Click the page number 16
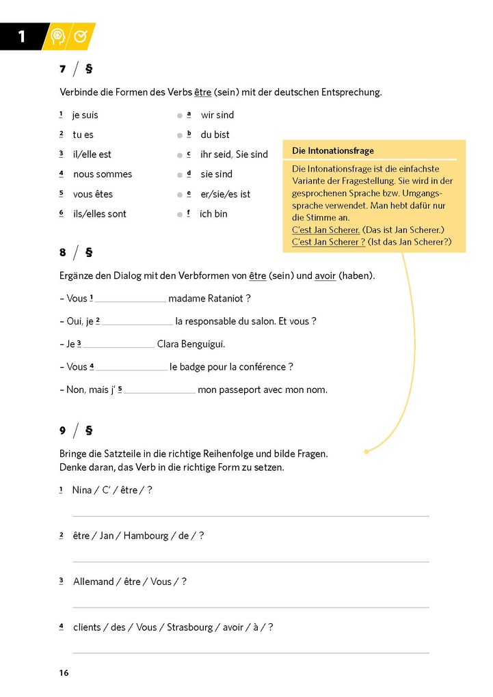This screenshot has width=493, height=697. tap(64, 673)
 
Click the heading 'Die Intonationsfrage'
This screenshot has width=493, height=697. tap(332, 151)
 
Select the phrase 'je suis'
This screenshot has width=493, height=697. tap(85, 115)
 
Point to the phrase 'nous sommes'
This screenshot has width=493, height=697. tap(103, 174)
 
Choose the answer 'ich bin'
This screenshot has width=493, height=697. tap(213, 214)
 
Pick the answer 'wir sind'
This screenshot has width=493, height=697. tap(217, 115)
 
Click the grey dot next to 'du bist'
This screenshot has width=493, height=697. tap(180, 135)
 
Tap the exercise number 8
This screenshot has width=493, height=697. tap(62, 253)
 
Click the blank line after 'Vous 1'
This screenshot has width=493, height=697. tap(130, 299)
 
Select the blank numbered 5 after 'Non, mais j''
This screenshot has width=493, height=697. tap(159, 391)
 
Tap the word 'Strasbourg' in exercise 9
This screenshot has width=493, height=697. tap(190, 627)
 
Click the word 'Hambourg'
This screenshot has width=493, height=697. tap(146, 536)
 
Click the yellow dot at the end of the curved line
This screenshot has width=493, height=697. tap(367, 451)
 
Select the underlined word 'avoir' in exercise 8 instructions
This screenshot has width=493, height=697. tap(325, 276)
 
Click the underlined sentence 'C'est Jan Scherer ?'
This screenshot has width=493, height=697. tap(328, 242)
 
